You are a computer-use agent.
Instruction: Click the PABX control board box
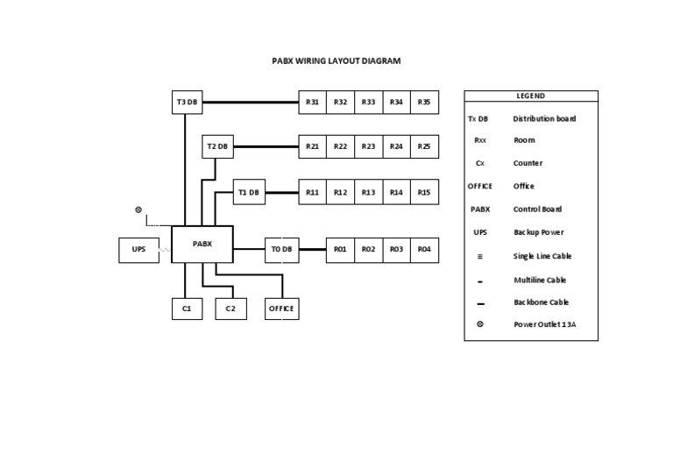coord(202,244)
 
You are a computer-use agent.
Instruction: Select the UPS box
coord(138,250)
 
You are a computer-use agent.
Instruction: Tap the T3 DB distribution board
coord(187,102)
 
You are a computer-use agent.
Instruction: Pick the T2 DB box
coord(216,146)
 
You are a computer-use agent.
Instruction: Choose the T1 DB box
coord(249,192)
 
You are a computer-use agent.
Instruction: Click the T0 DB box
coord(281,250)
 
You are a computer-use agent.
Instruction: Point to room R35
coord(424,102)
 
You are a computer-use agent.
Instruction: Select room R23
coord(368,146)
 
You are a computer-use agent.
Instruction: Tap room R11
coord(312,192)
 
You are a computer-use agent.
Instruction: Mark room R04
coord(424,250)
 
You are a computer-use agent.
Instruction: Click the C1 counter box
coord(187,309)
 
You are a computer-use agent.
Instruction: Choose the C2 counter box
coord(230,309)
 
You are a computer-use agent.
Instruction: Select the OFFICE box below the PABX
coord(281,309)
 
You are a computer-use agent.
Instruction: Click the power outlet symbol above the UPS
coord(138,210)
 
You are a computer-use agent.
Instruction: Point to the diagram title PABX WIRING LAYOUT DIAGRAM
coord(336,61)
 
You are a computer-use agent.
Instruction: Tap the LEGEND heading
coord(531,96)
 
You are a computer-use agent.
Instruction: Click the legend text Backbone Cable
coord(541,302)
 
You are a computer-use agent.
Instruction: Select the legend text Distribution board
coord(544,118)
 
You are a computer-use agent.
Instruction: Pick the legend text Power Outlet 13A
coord(544,324)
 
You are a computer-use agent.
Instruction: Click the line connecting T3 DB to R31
coord(251,102)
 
